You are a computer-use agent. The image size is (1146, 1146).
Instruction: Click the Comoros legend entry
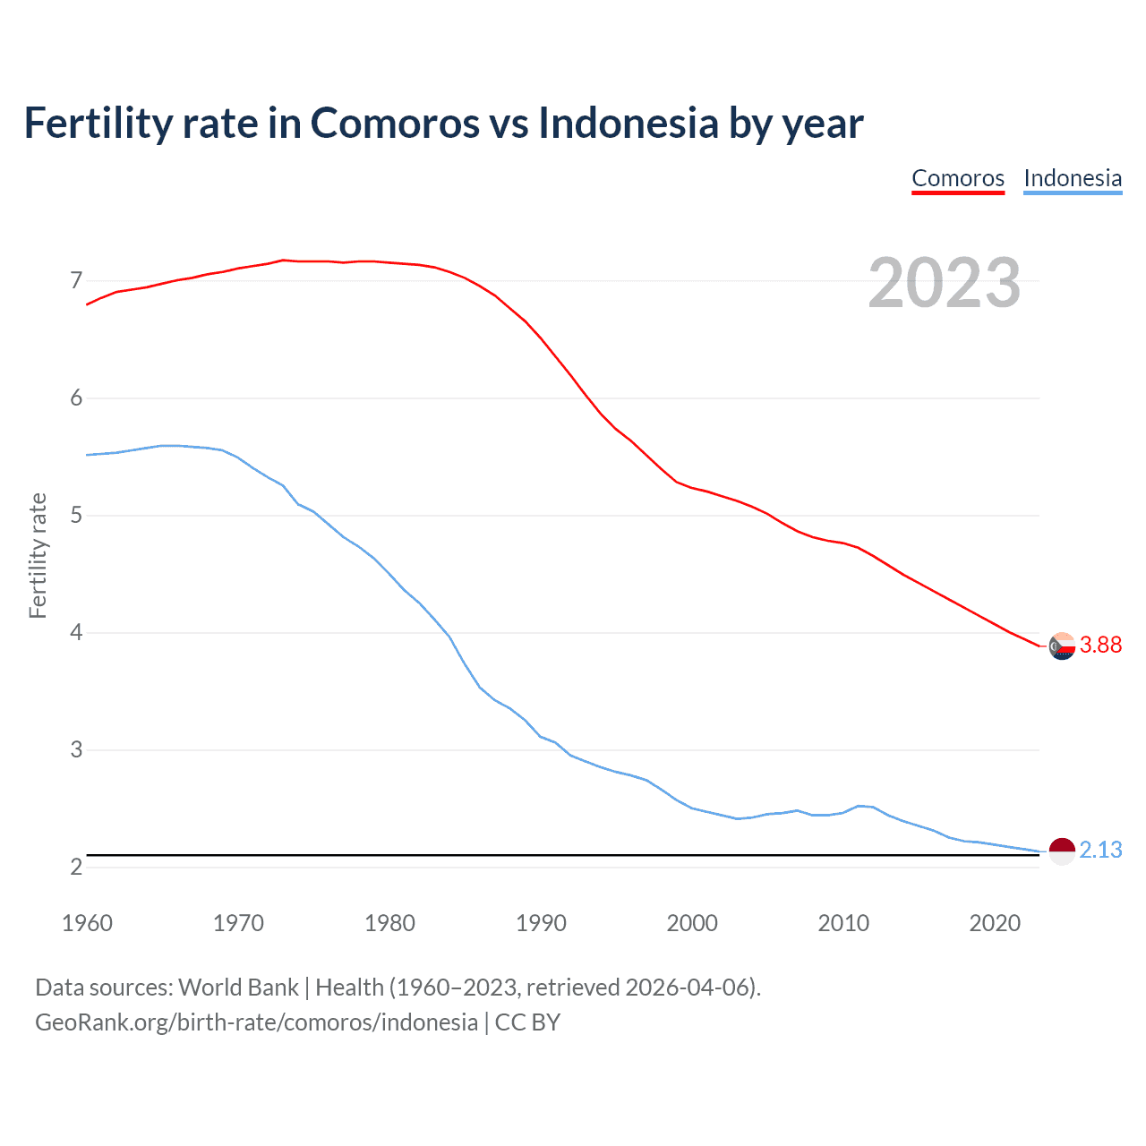click(x=958, y=178)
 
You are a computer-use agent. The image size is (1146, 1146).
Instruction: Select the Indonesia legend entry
click(x=1073, y=178)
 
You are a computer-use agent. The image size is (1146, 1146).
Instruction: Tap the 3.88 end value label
click(x=1100, y=645)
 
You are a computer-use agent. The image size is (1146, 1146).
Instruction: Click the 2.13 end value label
click(x=1100, y=850)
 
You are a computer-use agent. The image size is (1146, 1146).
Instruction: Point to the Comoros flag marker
click(x=1062, y=646)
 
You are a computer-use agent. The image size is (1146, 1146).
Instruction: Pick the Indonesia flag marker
click(x=1062, y=851)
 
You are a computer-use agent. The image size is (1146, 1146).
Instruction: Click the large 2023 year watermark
click(x=945, y=283)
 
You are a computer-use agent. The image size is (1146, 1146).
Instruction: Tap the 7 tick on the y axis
click(x=76, y=281)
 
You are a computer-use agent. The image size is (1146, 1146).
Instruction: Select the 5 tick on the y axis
click(x=76, y=516)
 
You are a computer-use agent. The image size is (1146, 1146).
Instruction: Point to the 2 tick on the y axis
click(x=76, y=867)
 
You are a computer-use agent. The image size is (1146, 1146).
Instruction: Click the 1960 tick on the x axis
click(x=87, y=923)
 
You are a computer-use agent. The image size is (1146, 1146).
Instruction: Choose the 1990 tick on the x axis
click(x=541, y=923)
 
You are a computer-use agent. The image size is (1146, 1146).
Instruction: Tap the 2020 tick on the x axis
click(x=995, y=923)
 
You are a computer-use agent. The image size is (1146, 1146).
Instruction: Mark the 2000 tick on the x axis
click(x=692, y=923)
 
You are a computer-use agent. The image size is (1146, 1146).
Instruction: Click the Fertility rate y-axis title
click(x=38, y=555)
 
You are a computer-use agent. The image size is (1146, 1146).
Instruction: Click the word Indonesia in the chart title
click(x=629, y=123)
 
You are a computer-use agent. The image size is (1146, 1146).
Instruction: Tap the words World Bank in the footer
click(x=238, y=988)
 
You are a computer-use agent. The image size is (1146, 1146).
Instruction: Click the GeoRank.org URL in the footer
click(x=256, y=1022)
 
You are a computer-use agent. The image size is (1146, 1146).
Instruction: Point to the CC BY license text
click(x=527, y=1022)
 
